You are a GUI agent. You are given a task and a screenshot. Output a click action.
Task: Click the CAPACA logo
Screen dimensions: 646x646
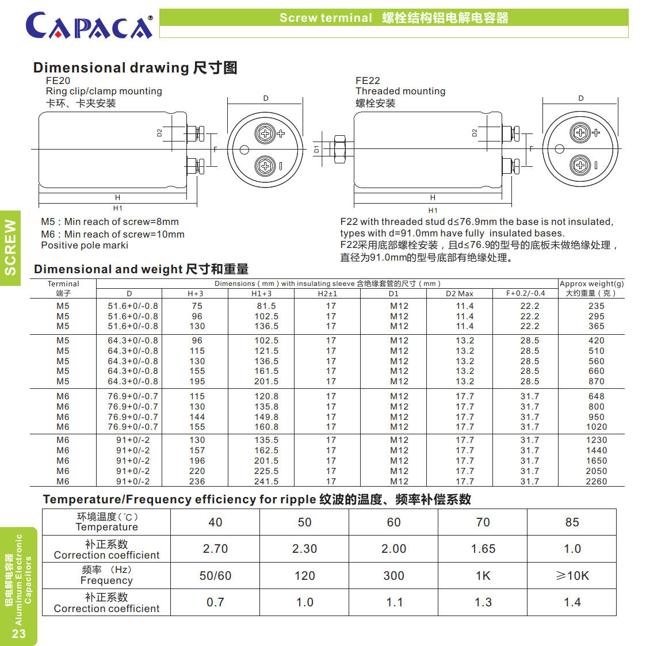coord(89,25)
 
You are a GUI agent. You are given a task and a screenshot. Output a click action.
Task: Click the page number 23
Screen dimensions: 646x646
coord(19,633)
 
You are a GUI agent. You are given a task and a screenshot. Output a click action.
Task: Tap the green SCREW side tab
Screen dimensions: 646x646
coord(10,247)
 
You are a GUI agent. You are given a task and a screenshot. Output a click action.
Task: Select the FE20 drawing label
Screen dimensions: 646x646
coord(58,81)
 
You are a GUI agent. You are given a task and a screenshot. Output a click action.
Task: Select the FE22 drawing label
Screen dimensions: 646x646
coord(368,81)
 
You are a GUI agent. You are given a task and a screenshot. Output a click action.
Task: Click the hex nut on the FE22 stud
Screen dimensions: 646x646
coord(339,149)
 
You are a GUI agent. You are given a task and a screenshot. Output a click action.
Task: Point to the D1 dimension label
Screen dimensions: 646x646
coord(316,149)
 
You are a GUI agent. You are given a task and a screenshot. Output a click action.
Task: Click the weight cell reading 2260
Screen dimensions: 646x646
coord(596,481)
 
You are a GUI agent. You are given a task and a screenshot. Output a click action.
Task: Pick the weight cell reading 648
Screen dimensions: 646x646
coord(596,396)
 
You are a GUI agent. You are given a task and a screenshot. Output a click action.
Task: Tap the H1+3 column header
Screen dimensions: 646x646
coord(261,293)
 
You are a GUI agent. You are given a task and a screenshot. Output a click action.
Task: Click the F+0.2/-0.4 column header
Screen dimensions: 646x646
coord(525,293)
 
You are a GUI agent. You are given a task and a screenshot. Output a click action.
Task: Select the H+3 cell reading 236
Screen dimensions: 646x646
coord(197,481)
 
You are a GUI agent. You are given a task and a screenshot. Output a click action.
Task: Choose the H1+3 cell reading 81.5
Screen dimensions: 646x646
coord(266,306)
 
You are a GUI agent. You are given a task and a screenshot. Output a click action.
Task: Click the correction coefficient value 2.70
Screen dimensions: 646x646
coord(215,549)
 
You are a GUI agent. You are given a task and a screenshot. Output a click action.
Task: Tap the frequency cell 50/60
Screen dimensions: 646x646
coord(215,576)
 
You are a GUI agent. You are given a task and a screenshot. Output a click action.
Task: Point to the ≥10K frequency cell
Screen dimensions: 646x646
coord(572,576)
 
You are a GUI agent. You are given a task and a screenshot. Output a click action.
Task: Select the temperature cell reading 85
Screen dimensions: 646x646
coord(572,522)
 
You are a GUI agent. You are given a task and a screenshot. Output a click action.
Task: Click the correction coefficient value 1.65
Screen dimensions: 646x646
coord(483,549)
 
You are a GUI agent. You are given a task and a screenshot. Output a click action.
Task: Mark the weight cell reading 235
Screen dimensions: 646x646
coord(596,306)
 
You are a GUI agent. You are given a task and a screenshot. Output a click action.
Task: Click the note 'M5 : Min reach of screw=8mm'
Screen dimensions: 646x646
coord(110,221)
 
